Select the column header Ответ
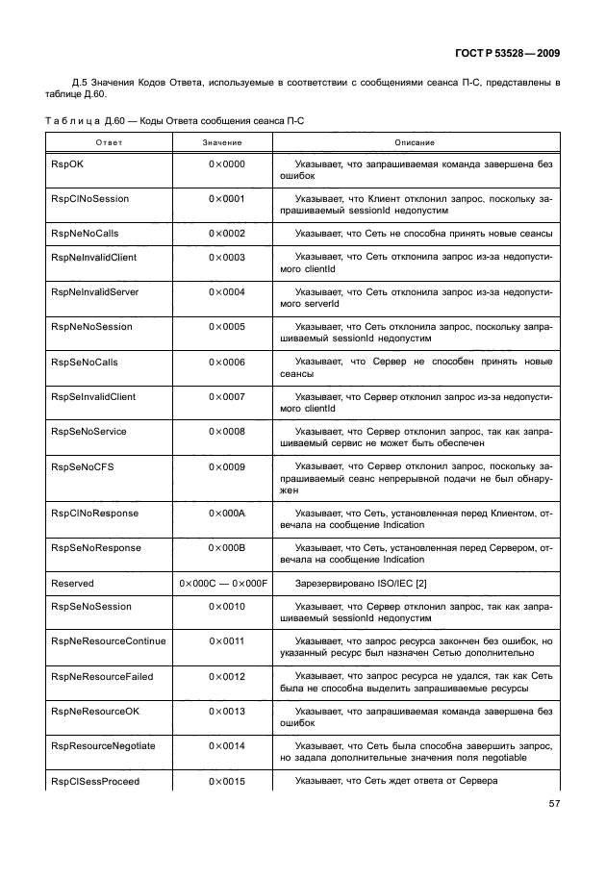109,142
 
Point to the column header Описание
415,142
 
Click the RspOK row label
66,164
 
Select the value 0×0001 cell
227,199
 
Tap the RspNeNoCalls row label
83,234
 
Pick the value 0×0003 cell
227,258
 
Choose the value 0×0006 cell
227,363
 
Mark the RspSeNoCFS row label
79,466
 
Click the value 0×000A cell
227,514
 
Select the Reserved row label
72,583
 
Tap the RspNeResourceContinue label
108,641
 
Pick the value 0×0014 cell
227,746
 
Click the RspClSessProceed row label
94,781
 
